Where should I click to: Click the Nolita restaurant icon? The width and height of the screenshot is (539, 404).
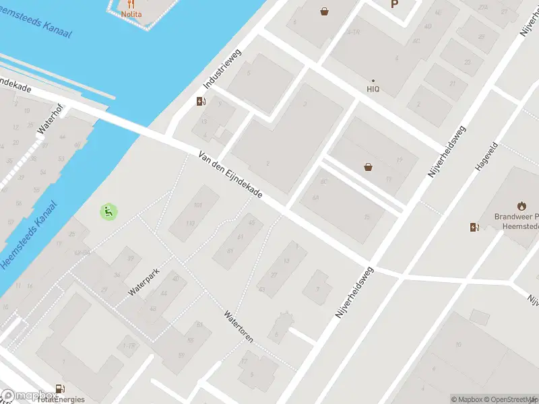click(131, 4)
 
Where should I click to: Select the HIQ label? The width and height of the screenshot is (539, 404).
click(373, 88)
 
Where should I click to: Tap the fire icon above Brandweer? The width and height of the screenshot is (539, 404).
click(521, 205)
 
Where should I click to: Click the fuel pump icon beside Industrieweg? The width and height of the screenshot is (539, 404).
click(200, 102)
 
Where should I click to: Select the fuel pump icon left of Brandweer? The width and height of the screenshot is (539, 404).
click(474, 227)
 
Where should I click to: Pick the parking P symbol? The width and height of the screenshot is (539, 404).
click(394, 4)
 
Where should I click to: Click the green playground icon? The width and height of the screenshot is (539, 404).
click(108, 211)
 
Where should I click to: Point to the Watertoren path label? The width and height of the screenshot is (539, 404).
click(239, 327)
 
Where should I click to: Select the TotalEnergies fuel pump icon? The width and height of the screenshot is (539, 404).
click(61, 389)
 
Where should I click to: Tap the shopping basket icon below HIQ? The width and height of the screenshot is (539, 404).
click(369, 167)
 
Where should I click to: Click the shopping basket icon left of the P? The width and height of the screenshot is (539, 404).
click(325, 11)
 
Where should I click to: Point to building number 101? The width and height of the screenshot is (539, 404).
click(197, 205)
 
